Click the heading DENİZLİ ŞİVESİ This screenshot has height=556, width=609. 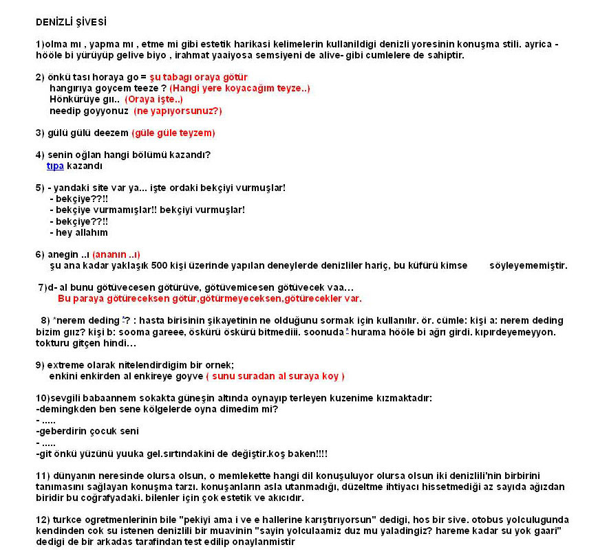click(x=71, y=23)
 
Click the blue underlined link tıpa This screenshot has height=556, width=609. click(x=55, y=166)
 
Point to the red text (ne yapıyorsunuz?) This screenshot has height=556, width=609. click(x=178, y=110)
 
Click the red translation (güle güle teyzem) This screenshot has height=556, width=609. click(x=173, y=132)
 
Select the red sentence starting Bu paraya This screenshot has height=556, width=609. click(x=209, y=298)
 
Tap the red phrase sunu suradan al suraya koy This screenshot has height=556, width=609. click(x=275, y=376)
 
